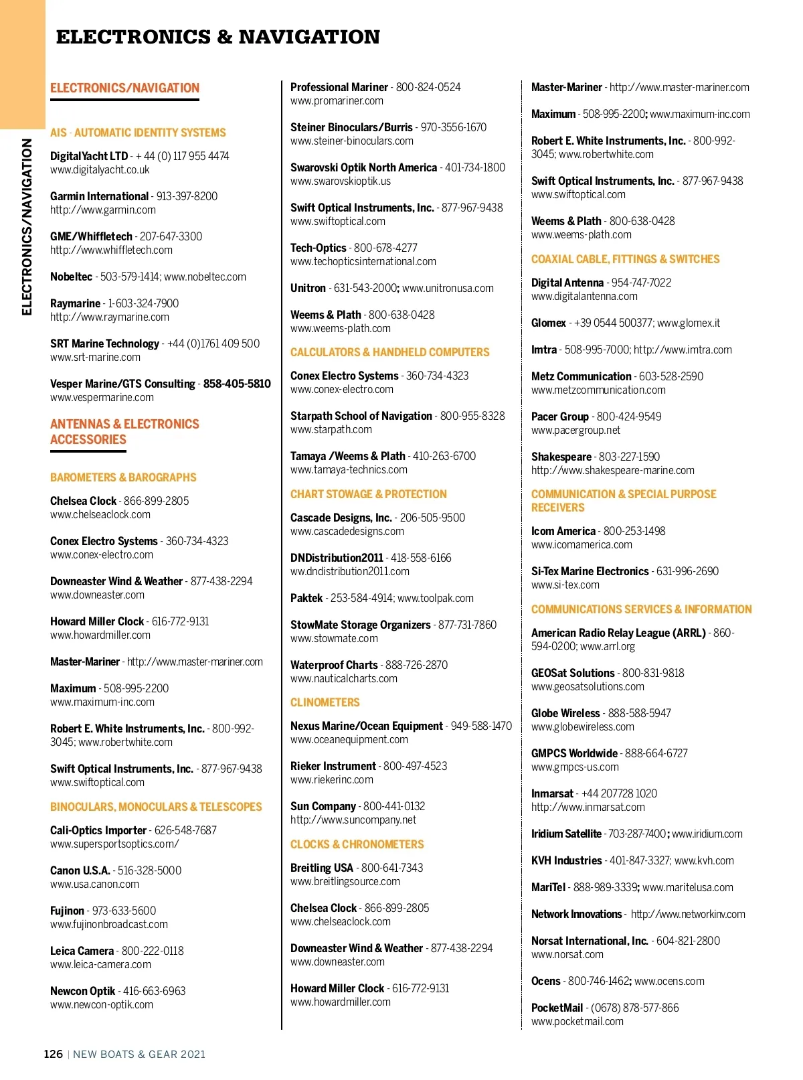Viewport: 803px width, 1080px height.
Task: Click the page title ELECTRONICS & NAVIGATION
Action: click(217, 37)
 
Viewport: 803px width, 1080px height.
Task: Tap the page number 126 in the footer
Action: click(53, 1054)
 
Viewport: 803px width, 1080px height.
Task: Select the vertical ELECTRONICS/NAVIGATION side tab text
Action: click(27, 226)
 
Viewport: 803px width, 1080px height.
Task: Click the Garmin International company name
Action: click(99, 196)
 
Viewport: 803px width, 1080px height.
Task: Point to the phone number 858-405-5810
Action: click(237, 384)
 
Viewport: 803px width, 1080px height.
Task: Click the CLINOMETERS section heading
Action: click(325, 702)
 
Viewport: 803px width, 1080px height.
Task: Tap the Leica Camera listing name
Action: click(82, 951)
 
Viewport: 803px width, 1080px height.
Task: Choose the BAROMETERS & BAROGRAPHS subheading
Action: click(123, 477)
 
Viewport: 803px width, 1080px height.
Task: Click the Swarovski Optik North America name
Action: click(363, 167)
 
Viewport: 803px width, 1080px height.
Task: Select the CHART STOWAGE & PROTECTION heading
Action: click(368, 494)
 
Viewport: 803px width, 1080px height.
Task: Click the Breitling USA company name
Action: click(321, 868)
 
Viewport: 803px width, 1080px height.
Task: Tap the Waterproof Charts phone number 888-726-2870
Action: click(416, 665)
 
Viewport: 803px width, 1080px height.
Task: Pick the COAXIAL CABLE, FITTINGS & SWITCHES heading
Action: click(625, 259)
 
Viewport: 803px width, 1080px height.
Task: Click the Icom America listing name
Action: click(563, 531)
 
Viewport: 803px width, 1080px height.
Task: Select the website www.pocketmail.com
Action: click(577, 1022)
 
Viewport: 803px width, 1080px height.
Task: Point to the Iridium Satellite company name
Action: click(566, 834)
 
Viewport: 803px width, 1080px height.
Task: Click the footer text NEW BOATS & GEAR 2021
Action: click(139, 1054)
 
